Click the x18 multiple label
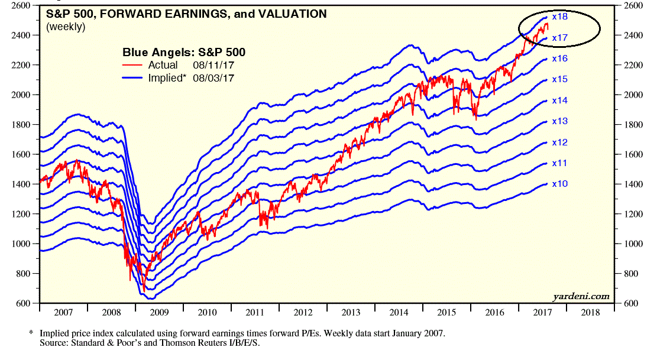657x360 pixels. click(x=559, y=17)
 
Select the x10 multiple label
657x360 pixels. click(x=559, y=184)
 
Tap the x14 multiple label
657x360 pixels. click(x=559, y=100)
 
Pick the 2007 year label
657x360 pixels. click(x=64, y=312)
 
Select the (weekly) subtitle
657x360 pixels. click(x=65, y=27)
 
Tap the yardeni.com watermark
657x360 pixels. click(x=581, y=296)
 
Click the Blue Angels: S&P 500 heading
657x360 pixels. click(x=183, y=53)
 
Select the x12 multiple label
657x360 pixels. click(x=559, y=142)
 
